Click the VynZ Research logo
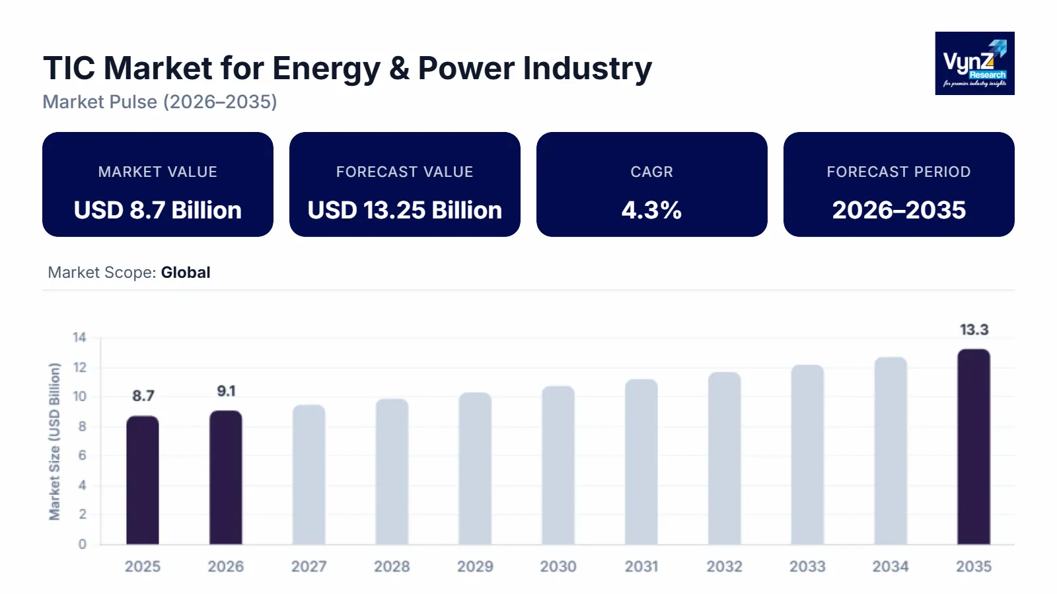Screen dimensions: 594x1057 tap(974, 63)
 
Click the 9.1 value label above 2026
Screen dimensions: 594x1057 tap(226, 391)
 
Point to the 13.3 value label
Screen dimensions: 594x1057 tap(974, 330)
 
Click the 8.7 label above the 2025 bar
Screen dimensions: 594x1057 tap(143, 396)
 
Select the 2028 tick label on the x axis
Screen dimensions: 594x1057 tap(392, 566)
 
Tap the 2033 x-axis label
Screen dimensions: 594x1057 tap(807, 566)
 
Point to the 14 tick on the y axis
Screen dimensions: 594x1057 tap(79, 338)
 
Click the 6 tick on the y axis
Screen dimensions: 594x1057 tap(82, 455)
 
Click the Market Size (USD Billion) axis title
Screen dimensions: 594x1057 tap(54, 442)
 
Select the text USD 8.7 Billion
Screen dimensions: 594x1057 tap(157, 211)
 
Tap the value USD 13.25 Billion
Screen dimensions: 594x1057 tap(404, 211)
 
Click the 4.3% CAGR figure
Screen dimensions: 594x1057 tap(651, 211)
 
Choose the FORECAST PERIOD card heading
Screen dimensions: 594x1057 tap(898, 172)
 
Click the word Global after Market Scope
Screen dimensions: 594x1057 tap(186, 273)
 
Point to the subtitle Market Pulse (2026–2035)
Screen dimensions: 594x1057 tap(160, 102)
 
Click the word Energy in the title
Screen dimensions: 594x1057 tap(326, 69)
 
